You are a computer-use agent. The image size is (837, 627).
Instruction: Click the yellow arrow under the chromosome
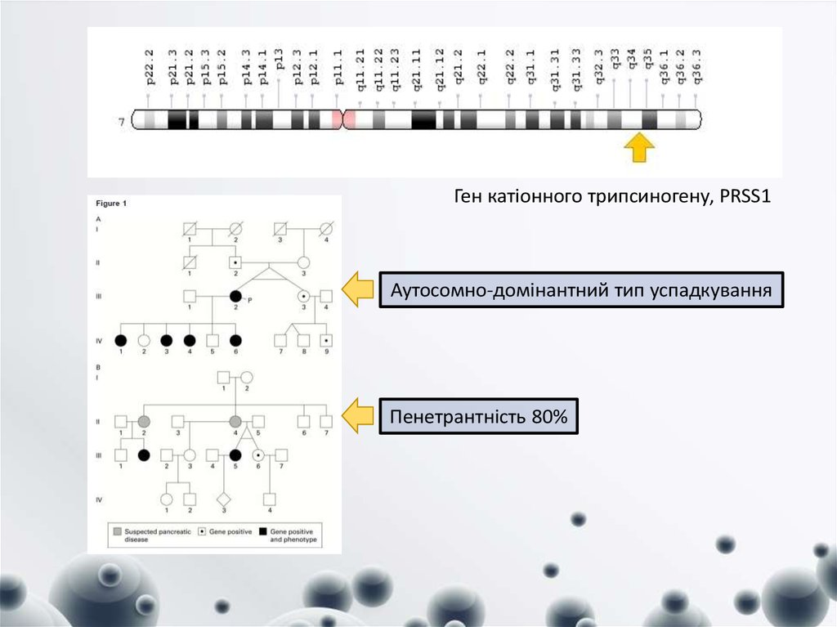[x=639, y=147]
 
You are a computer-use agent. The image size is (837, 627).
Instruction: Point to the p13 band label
[x=279, y=65]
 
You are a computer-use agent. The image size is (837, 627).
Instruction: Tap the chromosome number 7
[x=122, y=123]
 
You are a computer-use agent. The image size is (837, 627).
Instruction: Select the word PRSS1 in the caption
[x=746, y=197]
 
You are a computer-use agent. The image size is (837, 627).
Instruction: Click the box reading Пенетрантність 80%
[x=478, y=416]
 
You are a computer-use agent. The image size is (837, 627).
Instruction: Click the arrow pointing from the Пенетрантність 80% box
[x=356, y=416]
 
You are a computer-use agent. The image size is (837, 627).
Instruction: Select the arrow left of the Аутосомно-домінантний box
[x=356, y=291]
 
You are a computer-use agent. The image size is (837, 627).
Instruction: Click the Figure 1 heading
[x=112, y=203]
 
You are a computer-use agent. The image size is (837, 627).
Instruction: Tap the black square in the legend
[x=263, y=531]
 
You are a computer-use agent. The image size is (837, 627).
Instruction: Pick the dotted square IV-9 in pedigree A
[x=325, y=338]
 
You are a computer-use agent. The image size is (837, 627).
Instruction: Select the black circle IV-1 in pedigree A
[x=121, y=338]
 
